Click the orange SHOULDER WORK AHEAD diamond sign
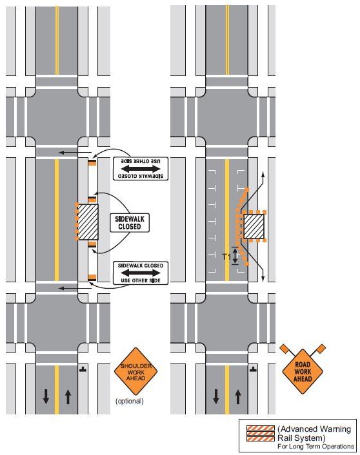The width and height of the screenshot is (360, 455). [135, 371]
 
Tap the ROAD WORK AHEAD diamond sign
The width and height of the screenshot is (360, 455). [303, 371]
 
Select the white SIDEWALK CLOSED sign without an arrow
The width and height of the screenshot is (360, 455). [130, 223]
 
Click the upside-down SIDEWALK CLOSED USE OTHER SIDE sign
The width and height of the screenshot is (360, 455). [141, 169]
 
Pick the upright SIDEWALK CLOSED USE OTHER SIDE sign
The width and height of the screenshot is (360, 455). [141, 273]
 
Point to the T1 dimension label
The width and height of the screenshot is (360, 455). [226, 257]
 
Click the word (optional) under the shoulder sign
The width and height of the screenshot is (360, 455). [130, 401]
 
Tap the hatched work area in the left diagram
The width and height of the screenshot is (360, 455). [88, 222]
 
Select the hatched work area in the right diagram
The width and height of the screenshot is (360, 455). [254, 227]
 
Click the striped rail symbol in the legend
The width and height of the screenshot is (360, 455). [261, 434]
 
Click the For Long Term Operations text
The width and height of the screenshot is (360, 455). [315, 446]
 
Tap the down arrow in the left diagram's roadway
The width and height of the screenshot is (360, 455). [46, 396]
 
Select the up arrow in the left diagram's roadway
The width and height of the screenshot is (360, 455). [68, 396]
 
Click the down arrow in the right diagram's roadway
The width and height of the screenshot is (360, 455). [216, 396]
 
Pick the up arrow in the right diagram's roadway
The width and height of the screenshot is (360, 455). [238, 396]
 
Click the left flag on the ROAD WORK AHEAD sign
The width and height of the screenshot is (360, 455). [284, 348]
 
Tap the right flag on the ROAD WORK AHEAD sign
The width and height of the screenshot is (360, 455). [321, 348]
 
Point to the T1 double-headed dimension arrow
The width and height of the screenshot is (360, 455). [235, 256]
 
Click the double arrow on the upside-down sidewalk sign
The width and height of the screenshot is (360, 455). [141, 169]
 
